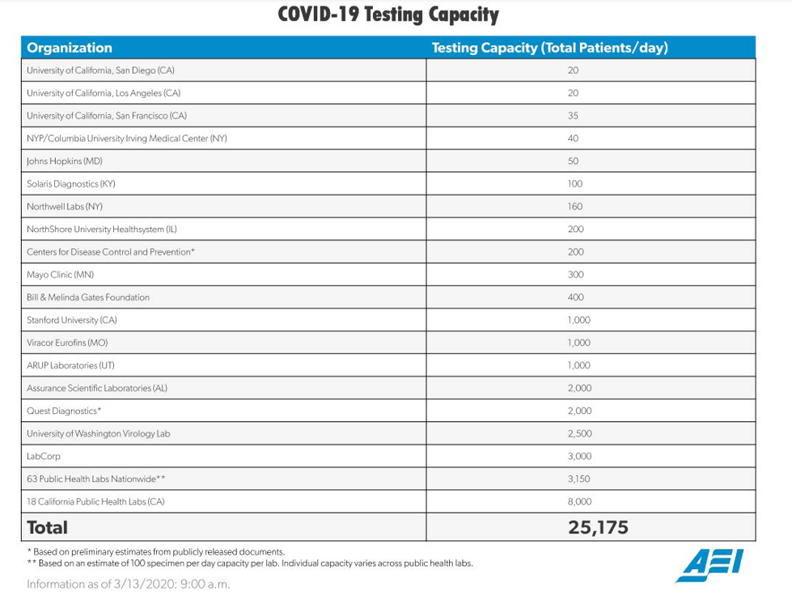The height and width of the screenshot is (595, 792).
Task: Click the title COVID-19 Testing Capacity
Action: coord(388,15)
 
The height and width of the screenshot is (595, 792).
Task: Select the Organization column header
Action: coord(70,48)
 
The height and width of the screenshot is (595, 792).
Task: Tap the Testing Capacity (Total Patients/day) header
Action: coord(549,48)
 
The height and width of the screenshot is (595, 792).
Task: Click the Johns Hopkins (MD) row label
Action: coord(65,161)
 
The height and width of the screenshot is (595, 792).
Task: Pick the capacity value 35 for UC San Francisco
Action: coord(573,116)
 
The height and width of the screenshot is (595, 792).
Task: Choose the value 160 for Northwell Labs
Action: coord(573,206)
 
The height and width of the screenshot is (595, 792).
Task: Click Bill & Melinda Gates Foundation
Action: coord(88,297)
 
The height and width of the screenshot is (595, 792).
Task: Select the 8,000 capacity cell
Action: coord(579,501)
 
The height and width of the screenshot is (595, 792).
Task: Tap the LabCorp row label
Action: coord(44,456)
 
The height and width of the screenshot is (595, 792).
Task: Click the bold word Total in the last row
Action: coord(47,528)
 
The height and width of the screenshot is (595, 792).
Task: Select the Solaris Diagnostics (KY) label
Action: coord(71,184)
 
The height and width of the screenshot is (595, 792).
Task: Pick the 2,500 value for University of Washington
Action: coord(579,433)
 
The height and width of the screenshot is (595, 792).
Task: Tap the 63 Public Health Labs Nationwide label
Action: coord(96,479)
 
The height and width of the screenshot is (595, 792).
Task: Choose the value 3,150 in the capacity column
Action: coord(579,479)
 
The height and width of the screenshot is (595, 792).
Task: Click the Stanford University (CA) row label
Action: coord(72,320)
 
